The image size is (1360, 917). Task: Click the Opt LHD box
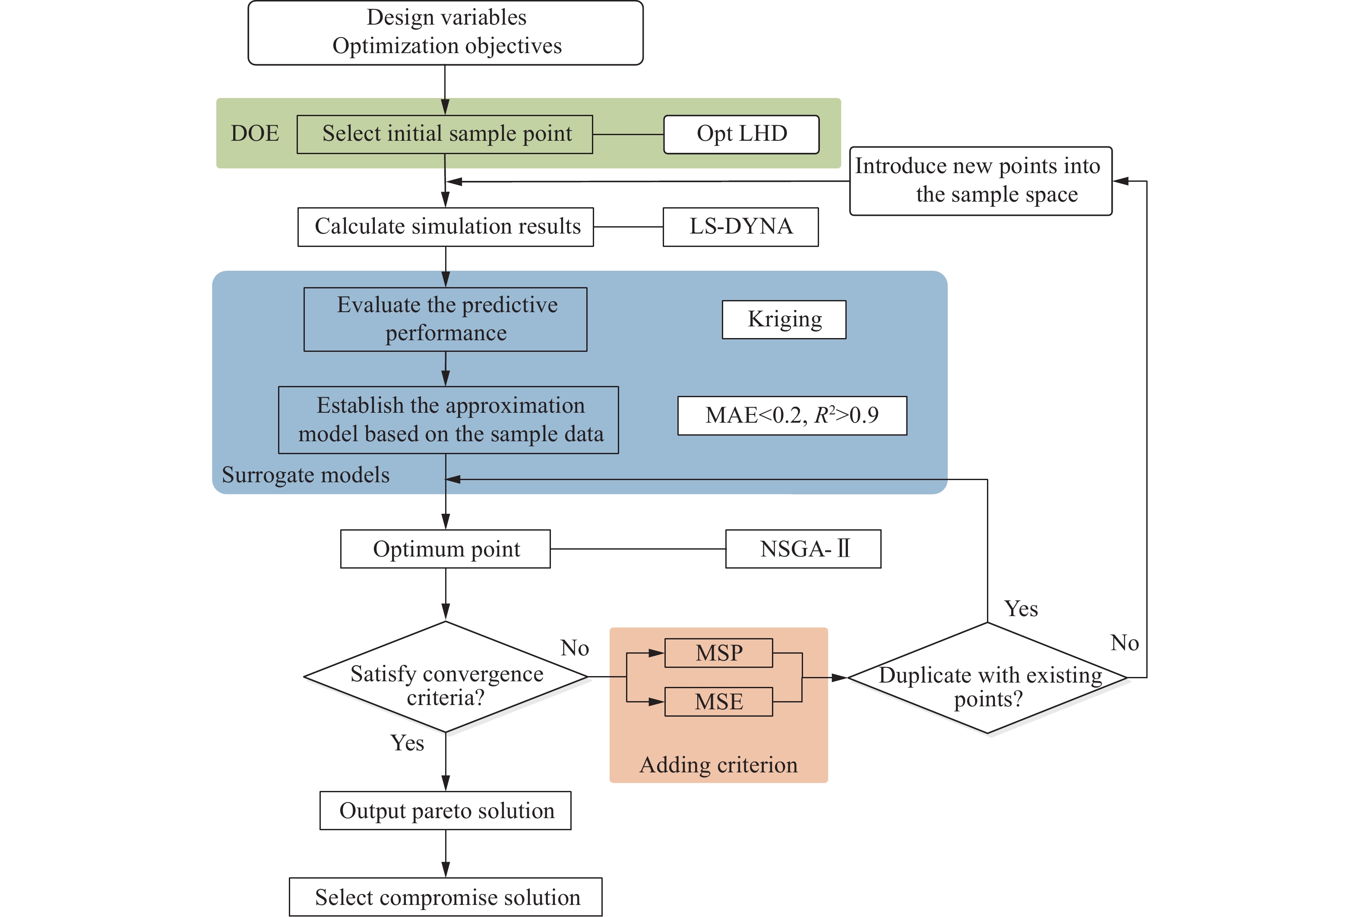coord(741,135)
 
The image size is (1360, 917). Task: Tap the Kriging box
coord(784,319)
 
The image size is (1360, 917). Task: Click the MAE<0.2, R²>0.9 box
coord(792,415)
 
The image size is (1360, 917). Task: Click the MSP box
coord(718,653)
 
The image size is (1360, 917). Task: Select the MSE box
coord(718,702)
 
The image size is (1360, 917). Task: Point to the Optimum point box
coord(446,549)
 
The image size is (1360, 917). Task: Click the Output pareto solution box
coord(446,810)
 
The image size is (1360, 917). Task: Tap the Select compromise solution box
coord(446,897)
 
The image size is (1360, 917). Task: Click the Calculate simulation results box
coord(446,227)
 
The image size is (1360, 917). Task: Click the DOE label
coord(255,133)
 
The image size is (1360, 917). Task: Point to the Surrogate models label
coord(305,475)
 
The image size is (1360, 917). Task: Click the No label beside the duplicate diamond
coord(1124,643)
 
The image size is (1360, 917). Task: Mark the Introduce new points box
coord(980,181)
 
